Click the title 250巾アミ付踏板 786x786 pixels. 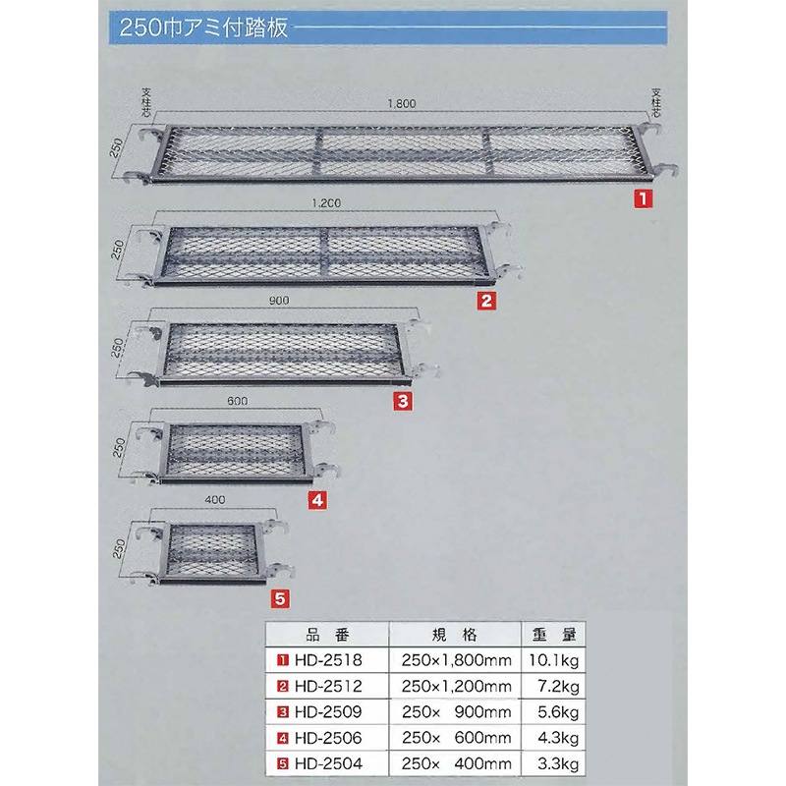click(202, 27)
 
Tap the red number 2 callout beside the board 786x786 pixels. click(484, 301)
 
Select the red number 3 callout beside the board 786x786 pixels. click(403, 401)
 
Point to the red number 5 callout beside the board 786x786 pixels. click(279, 596)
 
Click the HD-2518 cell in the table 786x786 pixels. click(327, 659)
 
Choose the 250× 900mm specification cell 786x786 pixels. click(452, 711)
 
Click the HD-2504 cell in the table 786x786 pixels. click(327, 762)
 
